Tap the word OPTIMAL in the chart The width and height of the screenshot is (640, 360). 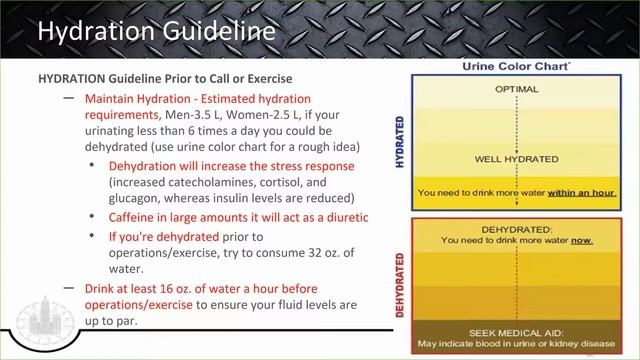pos(516,89)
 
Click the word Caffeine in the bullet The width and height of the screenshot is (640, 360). pos(138,217)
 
